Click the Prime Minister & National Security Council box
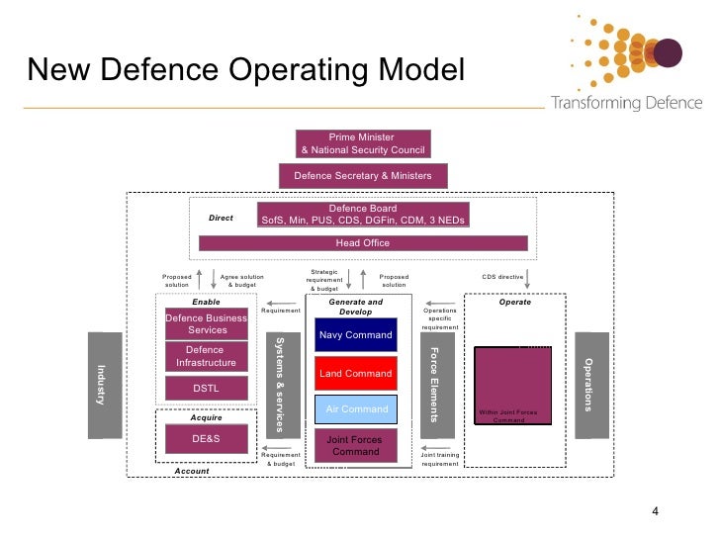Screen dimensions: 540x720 363,143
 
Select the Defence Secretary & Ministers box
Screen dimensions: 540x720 363,176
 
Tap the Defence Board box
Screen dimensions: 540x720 362,215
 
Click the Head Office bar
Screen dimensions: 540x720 363,243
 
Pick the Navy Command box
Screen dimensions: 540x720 356,335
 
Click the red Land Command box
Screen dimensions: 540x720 356,374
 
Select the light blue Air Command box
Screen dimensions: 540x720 356,409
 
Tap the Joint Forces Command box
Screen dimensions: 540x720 356,445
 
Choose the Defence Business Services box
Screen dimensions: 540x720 206,324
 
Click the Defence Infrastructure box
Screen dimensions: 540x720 206,357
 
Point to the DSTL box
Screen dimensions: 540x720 206,390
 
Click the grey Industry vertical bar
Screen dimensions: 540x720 104,385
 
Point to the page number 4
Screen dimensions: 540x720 654,512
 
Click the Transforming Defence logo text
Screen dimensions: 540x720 626,103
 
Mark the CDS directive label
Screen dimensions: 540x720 502,278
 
